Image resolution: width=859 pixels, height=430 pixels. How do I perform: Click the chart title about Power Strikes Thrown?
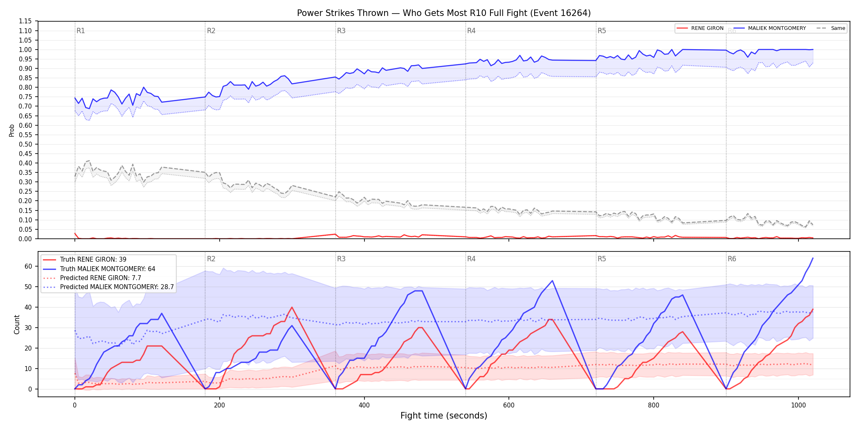click(444, 13)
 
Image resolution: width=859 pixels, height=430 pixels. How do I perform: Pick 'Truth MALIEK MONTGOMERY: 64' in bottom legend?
click(108, 269)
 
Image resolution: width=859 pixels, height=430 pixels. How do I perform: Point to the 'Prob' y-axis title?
click(12, 130)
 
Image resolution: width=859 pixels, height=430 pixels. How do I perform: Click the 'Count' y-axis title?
click(17, 324)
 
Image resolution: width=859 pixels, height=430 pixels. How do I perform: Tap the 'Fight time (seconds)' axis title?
click(444, 416)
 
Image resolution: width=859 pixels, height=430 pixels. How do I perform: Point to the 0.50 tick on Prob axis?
click(25, 144)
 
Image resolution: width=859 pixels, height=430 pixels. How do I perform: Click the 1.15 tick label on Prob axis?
click(25, 21)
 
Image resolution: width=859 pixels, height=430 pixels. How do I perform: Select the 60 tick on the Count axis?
click(28, 266)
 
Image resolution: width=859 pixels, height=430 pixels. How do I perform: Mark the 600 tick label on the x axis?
click(509, 405)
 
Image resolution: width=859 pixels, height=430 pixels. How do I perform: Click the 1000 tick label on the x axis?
click(798, 405)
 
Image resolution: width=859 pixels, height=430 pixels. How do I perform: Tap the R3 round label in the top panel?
click(341, 31)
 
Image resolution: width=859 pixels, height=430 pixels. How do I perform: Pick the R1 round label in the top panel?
click(81, 31)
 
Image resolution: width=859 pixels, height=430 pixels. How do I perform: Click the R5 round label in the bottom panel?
click(602, 259)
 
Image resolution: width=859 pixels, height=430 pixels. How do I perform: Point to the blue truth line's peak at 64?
click(813, 258)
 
